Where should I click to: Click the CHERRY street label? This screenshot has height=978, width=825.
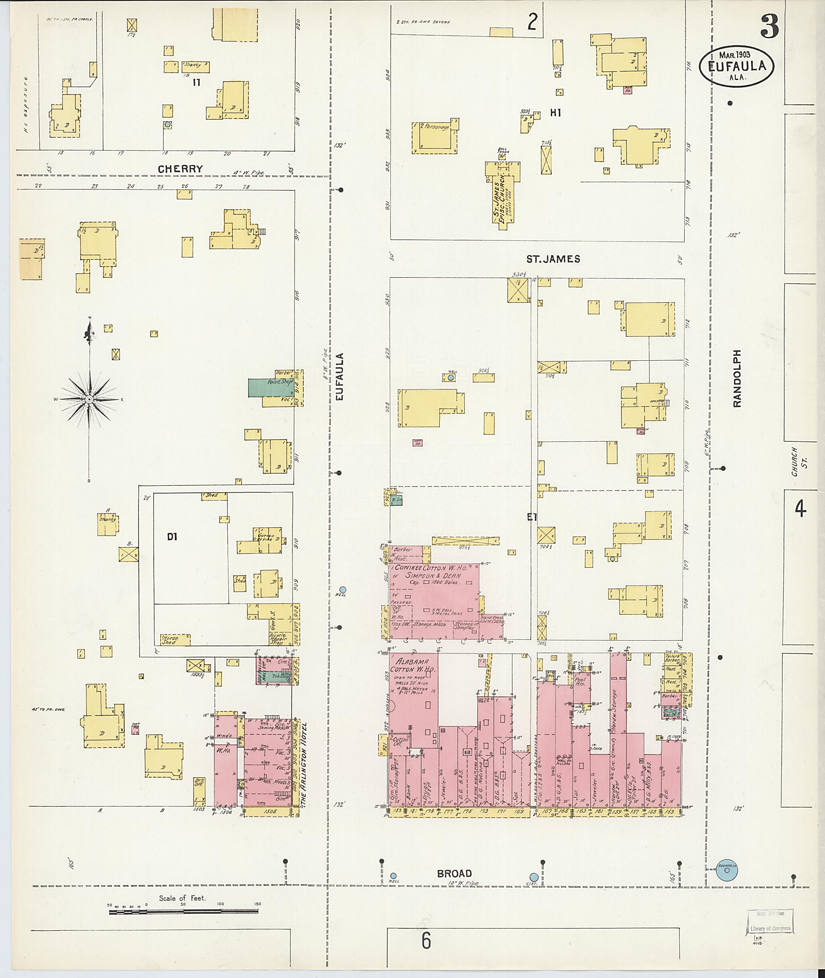click(x=180, y=169)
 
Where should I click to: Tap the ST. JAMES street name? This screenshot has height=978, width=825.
click(x=553, y=259)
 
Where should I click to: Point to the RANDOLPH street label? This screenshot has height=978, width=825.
click(x=738, y=378)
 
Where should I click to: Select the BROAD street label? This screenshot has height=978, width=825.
click(x=454, y=873)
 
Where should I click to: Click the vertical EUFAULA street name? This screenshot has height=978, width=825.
click(x=340, y=376)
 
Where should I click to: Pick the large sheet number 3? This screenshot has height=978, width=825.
click(x=769, y=26)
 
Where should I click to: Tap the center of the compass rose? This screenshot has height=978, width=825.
click(x=89, y=399)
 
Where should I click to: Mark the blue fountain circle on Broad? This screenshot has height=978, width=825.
click(x=726, y=870)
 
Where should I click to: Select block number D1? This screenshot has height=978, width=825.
click(x=172, y=538)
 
